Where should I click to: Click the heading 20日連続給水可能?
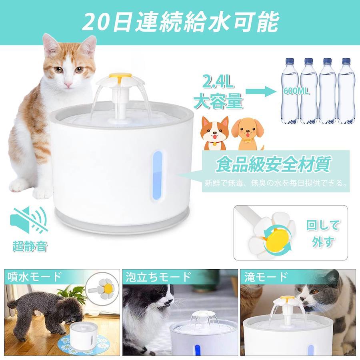pyautogui.click(x=180, y=22)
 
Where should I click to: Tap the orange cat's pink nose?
pyautogui.click(x=68, y=85)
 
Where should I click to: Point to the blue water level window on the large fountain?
pyautogui.click(x=157, y=176)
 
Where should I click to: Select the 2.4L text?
pyautogui.click(x=217, y=83)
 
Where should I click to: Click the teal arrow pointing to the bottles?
pyautogui.click(x=261, y=92)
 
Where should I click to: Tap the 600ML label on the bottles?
pyautogui.click(x=296, y=91)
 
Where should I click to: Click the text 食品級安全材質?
pyautogui.click(x=274, y=164)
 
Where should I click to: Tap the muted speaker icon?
pyautogui.click(x=29, y=220)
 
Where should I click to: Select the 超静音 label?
pyautogui.click(x=30, y=246)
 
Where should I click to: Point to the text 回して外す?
pyautogui.click(x=322, y=234)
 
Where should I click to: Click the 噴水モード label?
pyautogui.click(x=35, y=276)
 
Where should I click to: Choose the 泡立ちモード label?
pyautogui.click(x=158, y=276)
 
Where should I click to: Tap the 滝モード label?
pyautogui.click(x=266, y=276)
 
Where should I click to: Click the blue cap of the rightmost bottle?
pyautogui.click(x=346, y=61)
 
